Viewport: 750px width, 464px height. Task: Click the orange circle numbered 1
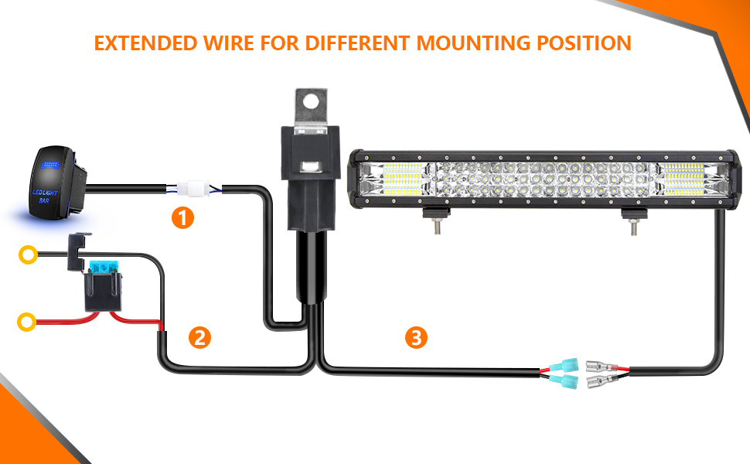click(x=182, y=219)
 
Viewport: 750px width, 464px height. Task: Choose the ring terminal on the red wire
click(x=29, y=319)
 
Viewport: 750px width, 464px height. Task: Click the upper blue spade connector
click(x=564, y=363)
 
